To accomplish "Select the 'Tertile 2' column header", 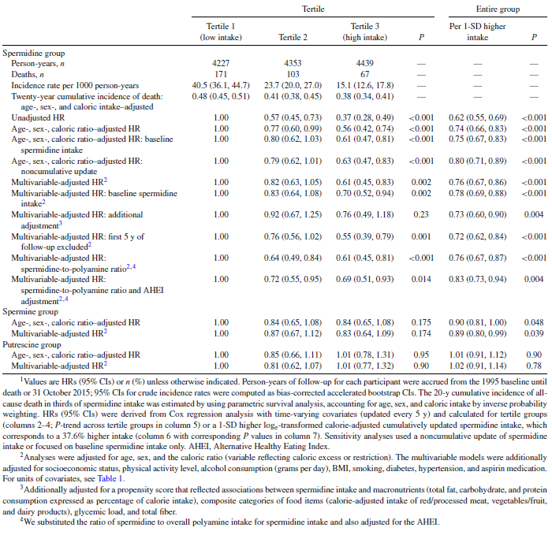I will [294, 36].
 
